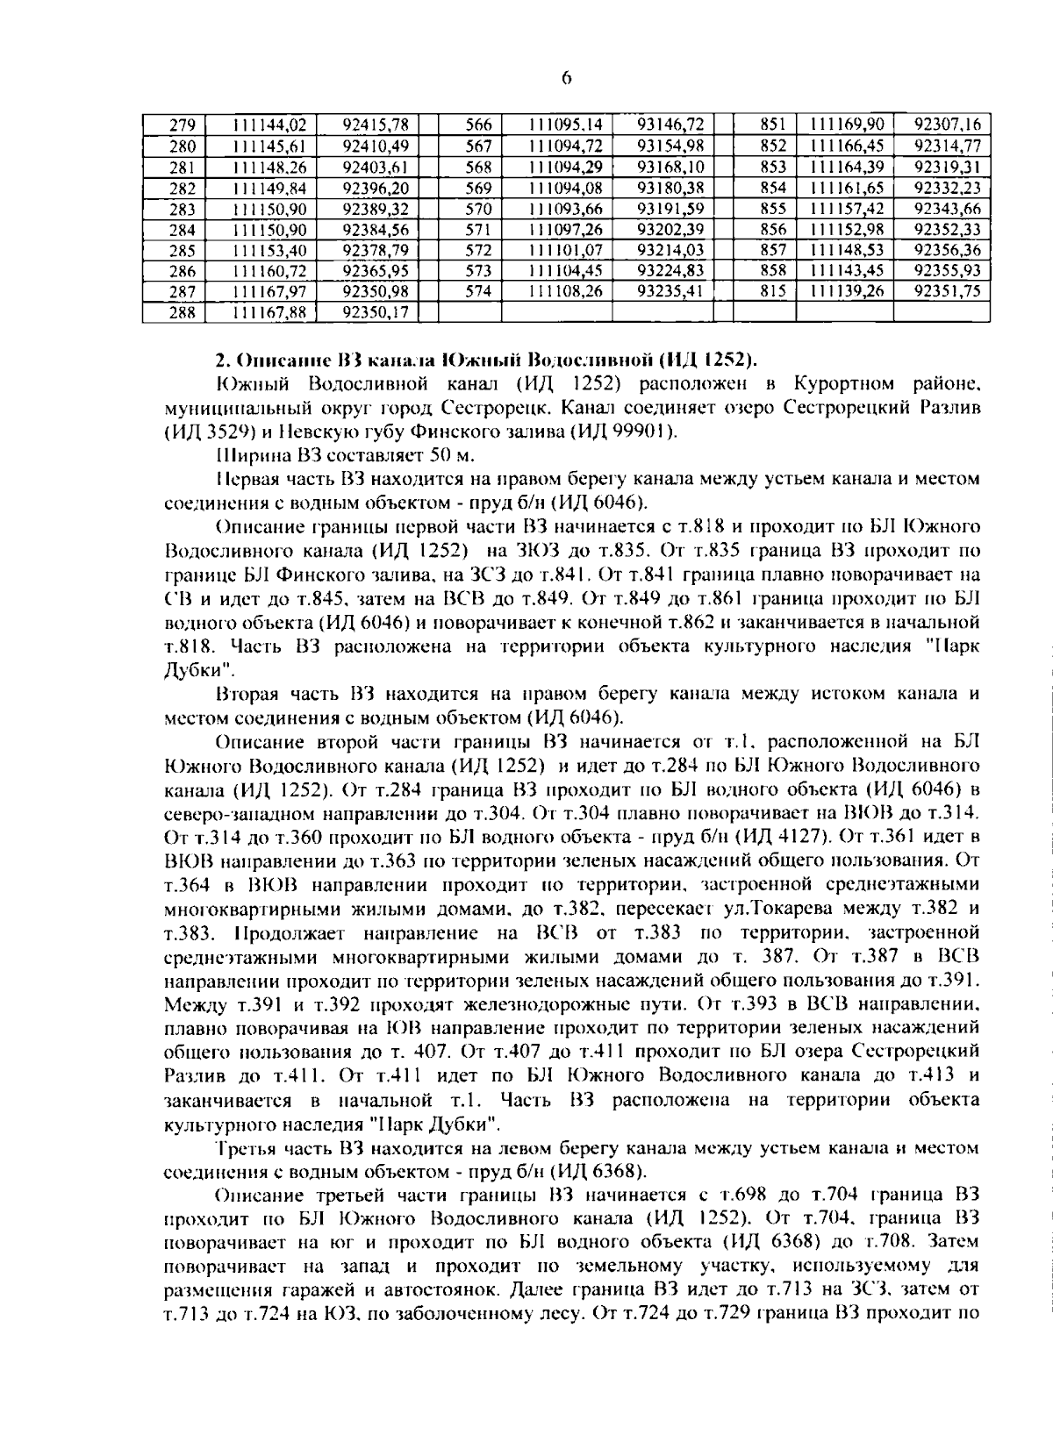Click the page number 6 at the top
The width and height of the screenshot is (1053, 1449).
point(566,78)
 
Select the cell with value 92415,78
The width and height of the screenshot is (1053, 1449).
point(368,125)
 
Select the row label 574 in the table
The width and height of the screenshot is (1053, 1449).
point(478,291)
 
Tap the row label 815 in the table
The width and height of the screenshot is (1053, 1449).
point(773,291)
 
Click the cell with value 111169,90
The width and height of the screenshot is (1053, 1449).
point(847,125)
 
